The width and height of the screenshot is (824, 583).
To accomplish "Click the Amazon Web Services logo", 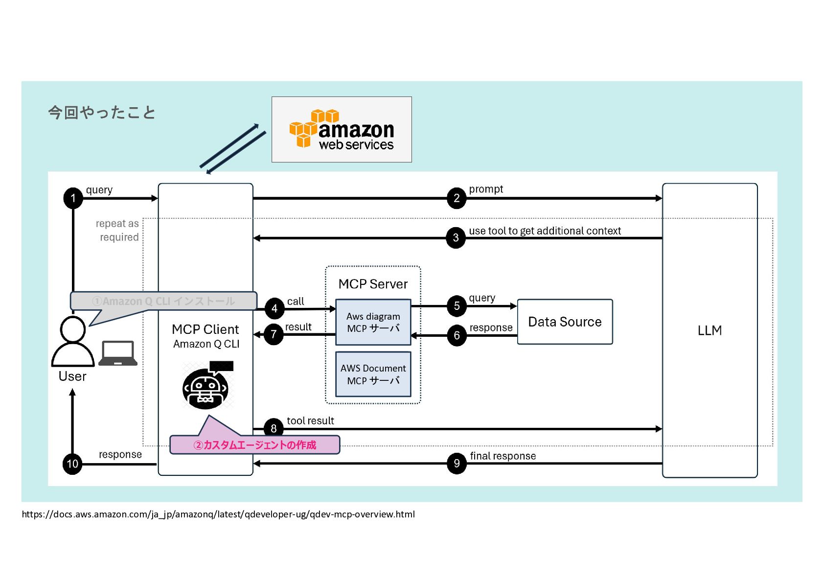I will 342,129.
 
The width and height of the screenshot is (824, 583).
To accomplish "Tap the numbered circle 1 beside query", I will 73,198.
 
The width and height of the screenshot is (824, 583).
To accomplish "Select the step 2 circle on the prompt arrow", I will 456,198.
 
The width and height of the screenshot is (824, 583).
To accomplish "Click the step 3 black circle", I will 456,238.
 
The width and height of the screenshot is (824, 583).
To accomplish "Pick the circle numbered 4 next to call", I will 274,308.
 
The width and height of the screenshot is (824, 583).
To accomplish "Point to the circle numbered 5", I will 457,306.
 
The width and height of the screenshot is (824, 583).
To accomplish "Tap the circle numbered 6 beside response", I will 457,336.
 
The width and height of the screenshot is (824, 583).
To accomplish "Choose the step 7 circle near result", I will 274,335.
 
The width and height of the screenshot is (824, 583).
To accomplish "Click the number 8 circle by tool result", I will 274,428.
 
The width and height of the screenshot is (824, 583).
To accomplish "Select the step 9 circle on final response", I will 457,463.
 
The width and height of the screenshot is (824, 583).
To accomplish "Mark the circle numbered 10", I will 72,464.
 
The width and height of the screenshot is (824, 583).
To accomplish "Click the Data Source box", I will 565,322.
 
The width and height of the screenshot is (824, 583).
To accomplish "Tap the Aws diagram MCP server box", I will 373,322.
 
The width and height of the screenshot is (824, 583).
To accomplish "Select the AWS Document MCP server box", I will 373,374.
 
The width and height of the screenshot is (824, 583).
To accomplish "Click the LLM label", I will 710,330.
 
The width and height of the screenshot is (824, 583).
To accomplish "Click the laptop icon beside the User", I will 118,353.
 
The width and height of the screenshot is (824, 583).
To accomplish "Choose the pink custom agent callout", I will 254,444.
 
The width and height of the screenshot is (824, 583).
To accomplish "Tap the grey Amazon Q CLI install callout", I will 163,301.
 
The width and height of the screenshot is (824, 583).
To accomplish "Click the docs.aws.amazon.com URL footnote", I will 218,514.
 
